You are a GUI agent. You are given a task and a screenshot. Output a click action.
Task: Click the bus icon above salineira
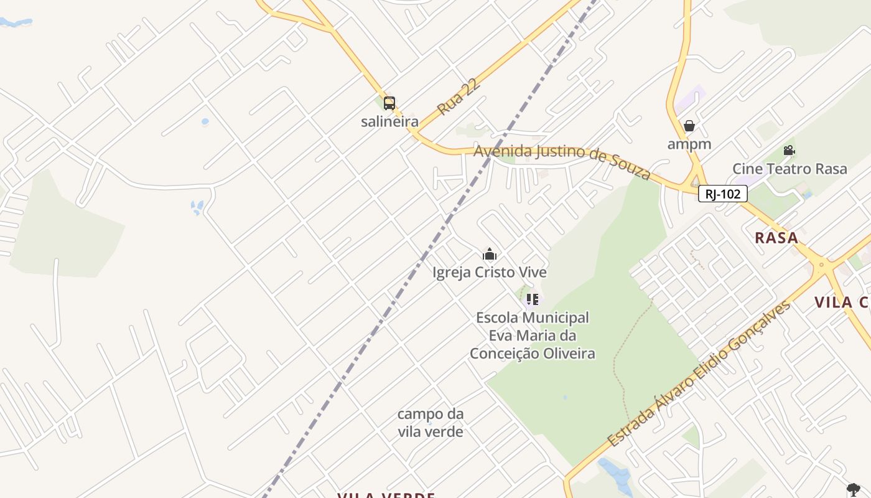pyautogui.click(x=389, y=103)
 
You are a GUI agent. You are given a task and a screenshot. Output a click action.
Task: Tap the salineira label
pyautogui.click(x=389, y=121)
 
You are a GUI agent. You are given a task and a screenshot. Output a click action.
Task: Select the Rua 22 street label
pyautogui.click(x=459, y=96)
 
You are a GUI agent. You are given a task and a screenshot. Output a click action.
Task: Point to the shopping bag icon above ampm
pyautogui.click(x=689, y=126)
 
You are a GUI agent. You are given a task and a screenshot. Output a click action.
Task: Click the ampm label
pyautogui.click(x=689, y=144)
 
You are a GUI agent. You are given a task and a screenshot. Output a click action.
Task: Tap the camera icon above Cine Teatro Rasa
pyautogui.click(x=789, y=151)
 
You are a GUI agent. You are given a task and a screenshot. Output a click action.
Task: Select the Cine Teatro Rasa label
pyautogui.click(x=789, y=169)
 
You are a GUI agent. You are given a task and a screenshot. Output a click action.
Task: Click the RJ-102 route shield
pyautogui.click(x=722, y=194)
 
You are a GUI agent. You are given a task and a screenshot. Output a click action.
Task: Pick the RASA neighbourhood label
pyautogui.click(x=776, y=238)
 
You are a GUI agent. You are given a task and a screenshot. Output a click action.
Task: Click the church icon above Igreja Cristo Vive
pyautogui.click(x=490, y=254)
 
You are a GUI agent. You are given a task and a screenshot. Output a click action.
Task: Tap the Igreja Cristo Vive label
pyautogui.click(x=490, y=273)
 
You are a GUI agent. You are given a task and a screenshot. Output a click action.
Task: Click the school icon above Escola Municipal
pyautogui.click(x=532, y=299)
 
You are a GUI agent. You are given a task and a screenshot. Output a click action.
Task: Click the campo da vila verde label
pyautogui.click(x=431, y=423)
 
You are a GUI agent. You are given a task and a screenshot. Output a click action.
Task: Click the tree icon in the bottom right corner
pyautogui.click(x=853, y=489)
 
